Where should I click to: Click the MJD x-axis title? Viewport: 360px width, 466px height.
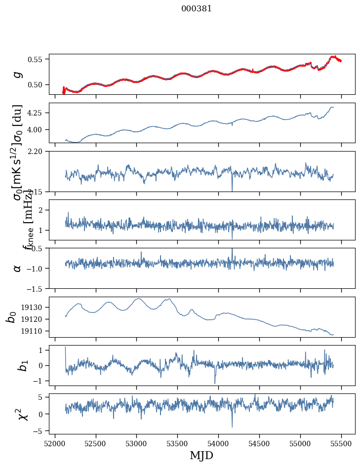click(201, 455)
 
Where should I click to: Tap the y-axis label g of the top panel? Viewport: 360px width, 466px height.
click(18, 74)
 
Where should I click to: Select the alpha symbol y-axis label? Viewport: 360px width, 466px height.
click(18, 268)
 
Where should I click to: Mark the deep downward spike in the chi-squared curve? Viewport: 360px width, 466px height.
click(232, 426)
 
